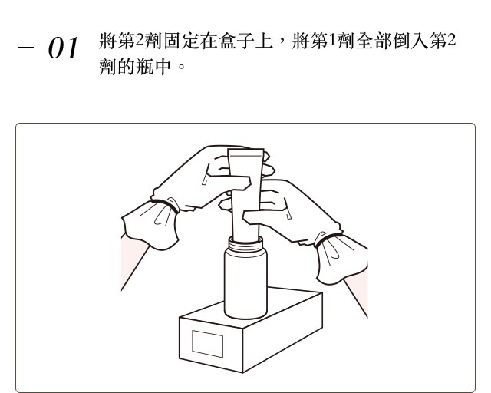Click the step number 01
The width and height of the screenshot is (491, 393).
(63, 48)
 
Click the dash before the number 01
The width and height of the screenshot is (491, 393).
(26, 48)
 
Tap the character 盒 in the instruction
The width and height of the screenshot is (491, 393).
(227, 41)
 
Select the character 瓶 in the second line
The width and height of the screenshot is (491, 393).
(145, 67)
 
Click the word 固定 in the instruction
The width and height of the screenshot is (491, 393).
(182, 41)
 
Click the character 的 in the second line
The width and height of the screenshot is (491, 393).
(126, 67)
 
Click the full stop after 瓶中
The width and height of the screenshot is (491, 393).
(181, 67)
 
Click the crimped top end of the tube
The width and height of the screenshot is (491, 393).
(245, 153)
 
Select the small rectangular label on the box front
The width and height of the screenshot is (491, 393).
(208, 344)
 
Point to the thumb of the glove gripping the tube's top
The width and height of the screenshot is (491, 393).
(231, 183)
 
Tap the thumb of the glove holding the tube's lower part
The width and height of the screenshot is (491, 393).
(264, 216)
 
